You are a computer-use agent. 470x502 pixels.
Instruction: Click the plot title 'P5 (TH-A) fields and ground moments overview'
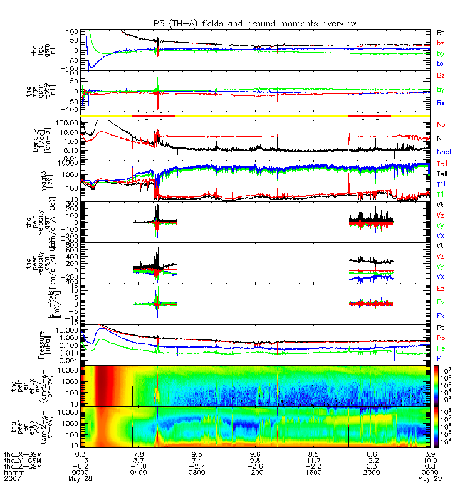pos(254,23)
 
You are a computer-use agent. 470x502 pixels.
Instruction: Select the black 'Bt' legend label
pos(441,31)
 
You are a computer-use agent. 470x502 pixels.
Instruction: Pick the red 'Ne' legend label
pos(441,124)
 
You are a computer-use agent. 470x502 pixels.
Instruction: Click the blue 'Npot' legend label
pos(444,152)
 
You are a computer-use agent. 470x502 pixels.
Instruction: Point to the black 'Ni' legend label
pos(441,137)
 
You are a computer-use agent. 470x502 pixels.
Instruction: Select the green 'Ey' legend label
pos(441,302)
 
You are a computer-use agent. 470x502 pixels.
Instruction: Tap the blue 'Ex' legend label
pos(441,316)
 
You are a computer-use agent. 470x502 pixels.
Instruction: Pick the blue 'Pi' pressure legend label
pos(441,358)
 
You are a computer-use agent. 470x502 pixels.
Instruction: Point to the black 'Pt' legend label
pos(441,328)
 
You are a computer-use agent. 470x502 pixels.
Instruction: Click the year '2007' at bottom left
pos(12,478)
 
